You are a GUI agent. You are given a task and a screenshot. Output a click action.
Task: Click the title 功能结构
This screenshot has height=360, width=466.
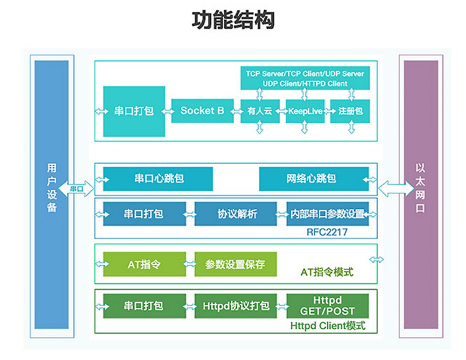coord(233,21)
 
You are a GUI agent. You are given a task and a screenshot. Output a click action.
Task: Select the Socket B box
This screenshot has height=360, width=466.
coord(203,111)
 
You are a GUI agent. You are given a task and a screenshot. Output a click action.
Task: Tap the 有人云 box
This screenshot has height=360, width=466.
coord(260,111)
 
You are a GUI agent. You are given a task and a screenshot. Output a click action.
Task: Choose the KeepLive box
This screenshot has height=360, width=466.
coord(305,111)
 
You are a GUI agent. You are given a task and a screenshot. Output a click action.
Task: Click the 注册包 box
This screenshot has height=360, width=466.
coord(350,111)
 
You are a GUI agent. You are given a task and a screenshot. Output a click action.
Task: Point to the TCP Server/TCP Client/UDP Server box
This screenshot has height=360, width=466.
coord(305,78)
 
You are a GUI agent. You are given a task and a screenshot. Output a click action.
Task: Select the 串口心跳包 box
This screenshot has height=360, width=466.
coord(158,179)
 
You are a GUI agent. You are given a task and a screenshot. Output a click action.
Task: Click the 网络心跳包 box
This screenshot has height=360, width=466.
coord(314,179)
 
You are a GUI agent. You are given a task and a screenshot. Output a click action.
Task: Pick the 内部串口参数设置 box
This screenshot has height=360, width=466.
coord(327,214)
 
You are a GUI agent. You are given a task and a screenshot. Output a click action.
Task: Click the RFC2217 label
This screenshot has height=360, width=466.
coord(327,232)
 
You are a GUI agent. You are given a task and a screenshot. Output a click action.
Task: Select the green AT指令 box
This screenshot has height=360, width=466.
coord(144,264)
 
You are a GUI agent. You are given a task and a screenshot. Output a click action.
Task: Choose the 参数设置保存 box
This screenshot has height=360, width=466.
coord(235,264)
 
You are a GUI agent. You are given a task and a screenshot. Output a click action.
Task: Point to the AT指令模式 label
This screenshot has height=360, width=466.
coord(327,272)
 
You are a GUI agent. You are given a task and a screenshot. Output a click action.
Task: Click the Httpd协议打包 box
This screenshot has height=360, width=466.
coord(235,306)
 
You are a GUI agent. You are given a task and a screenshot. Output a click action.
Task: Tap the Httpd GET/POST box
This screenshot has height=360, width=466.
coord(327,306)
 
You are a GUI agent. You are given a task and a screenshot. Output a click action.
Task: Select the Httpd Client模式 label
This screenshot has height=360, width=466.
coord(328,326)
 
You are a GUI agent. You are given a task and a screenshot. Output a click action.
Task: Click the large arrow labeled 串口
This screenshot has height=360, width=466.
coord(76,188)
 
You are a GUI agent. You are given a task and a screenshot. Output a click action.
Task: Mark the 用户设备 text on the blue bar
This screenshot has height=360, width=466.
coord(52,188)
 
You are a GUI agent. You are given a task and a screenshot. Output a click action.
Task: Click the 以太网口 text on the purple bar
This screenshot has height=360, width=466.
coord(420,188)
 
